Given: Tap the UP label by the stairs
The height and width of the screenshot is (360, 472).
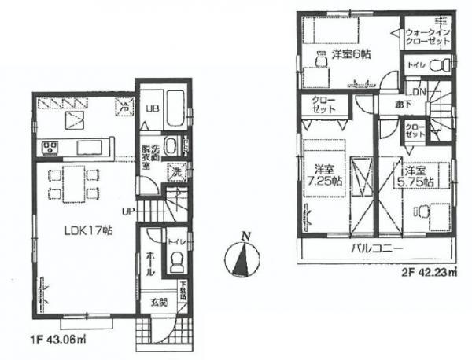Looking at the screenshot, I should tap(127, 211).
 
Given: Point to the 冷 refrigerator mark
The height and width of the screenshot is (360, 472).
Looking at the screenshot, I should tap(124, 102).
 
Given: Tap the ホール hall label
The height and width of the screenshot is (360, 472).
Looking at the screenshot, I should tap(149, 263).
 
